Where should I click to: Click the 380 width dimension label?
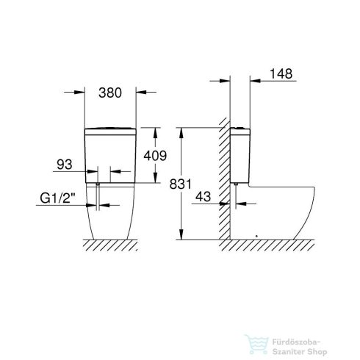point(109,93)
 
